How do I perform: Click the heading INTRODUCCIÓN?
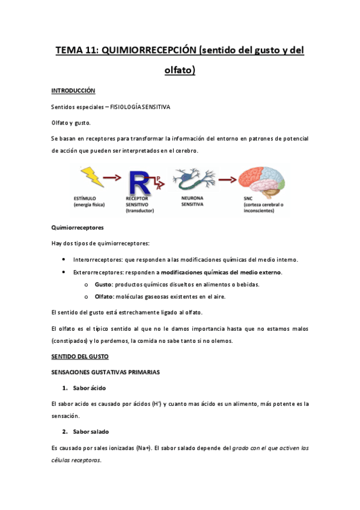click(73, 90)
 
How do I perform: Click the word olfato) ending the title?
click(180, 70)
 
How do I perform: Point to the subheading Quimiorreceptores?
click(78, 228)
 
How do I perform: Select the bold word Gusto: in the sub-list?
click(105, 284)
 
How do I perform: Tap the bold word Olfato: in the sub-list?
click(106, 296)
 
